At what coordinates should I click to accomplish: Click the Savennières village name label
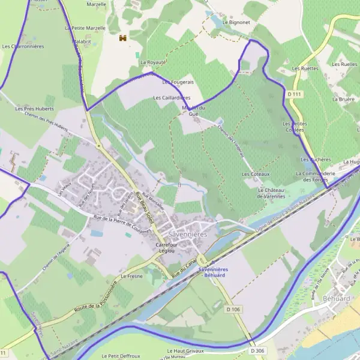[x=188, y=234]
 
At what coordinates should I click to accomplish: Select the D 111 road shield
[x=293, y=94]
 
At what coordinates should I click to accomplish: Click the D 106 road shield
[x=233, y=309]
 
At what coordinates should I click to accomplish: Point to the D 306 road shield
[x=257, y=350]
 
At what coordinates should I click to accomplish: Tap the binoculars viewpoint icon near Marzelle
[x=123, y=38]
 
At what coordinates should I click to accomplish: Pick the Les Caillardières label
[x=172, y=97]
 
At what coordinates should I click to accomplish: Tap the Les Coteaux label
[x=256, y=174]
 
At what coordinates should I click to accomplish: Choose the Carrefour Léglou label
[x=169, y=249]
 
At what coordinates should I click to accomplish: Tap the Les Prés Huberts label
[x=35, y=109]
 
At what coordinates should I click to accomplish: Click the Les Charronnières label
[x=23, y=46]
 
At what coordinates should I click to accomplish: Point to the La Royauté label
[x=153, y=62]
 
